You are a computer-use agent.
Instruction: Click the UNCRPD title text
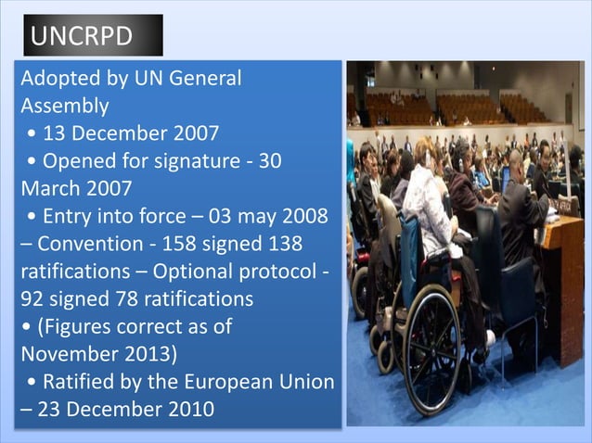(82, 36)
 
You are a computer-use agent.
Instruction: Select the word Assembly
(64, 106)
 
